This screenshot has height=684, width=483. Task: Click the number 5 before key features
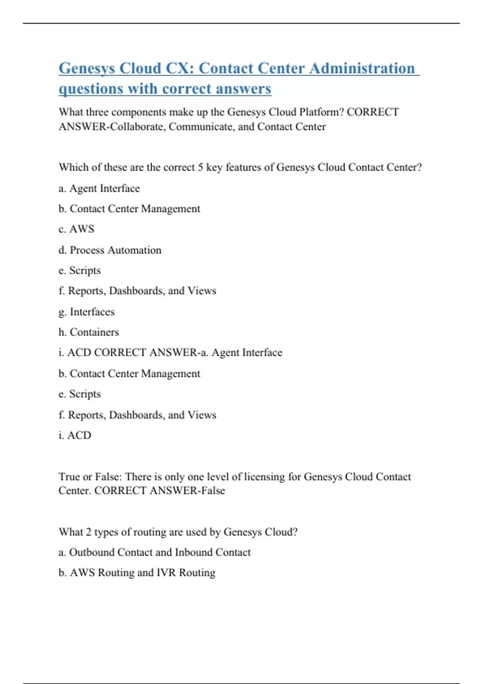(x=200, y=167)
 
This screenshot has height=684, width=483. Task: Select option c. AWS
(x=76, y=229)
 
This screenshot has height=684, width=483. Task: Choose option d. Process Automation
(x=110, y=250)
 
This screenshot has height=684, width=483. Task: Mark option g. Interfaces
(x=87, y=312)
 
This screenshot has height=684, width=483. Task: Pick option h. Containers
(x=89, y=332)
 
